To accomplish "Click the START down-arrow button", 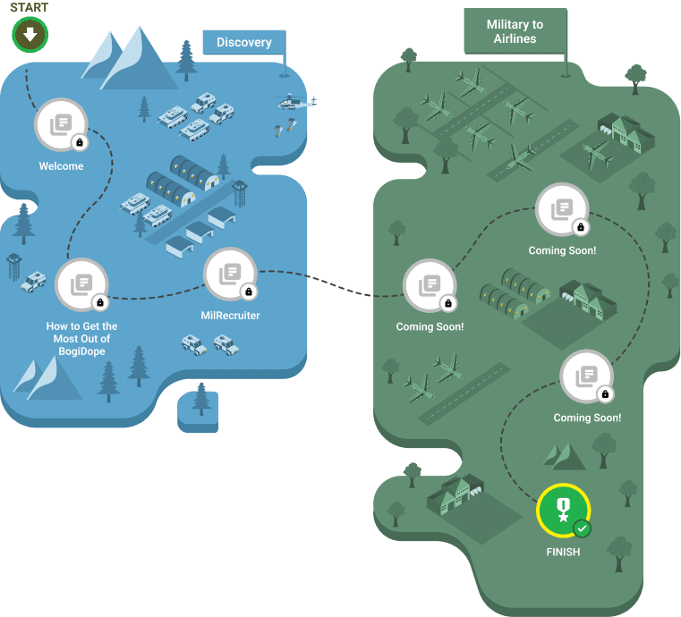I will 30,36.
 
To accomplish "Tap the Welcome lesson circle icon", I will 61,124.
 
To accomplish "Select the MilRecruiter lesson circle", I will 230,274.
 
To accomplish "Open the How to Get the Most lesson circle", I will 81,284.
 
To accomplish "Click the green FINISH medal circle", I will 563,511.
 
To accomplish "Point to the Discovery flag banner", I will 243,42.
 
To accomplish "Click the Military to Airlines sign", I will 515,32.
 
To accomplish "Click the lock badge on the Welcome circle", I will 79,142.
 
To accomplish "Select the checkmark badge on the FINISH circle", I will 582,528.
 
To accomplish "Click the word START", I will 30,8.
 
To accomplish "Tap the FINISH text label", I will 563,552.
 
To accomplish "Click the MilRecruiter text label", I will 230,316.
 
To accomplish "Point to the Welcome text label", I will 61,166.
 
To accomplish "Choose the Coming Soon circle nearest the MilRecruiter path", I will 430,284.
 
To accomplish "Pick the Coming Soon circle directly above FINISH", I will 586,376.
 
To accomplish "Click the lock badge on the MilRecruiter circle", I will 249,292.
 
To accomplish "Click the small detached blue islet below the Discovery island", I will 198,410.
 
